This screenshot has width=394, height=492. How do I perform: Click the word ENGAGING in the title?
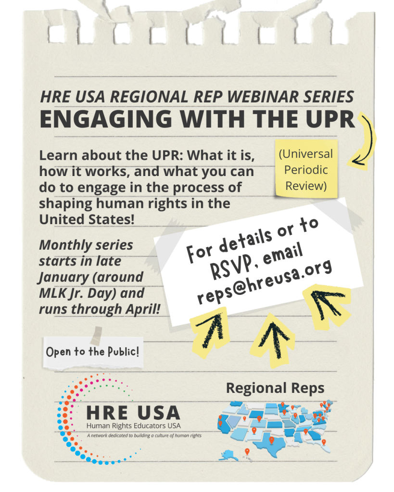[x=106, y=119]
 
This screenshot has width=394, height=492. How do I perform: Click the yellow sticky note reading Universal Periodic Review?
[x=306, y=169]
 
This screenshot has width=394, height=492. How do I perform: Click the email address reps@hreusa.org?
[x=264, y=281]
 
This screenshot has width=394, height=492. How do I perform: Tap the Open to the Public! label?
[x=93, y=352]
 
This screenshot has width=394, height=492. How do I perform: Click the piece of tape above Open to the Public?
[x=96, y=335]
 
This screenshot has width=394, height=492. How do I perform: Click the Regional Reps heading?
[x=275, y=389]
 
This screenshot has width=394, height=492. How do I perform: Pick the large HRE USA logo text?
[x=133, y=413]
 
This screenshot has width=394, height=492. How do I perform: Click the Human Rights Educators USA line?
[x=133, y=426]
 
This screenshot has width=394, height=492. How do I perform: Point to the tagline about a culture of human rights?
[x=144, y=436]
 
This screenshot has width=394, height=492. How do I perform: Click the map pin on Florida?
[x=324, y=442]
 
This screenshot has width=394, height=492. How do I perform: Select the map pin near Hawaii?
[x=247, y=452]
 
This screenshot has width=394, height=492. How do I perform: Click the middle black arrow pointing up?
[x=274, y=339]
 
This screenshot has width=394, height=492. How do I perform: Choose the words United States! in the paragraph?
[x=87, y=219]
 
